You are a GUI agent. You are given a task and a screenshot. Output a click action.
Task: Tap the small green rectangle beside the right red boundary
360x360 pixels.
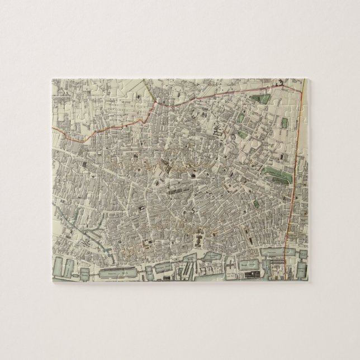(x=284, y=122)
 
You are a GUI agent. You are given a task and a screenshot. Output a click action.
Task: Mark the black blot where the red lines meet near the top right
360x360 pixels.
(x=281, y=83)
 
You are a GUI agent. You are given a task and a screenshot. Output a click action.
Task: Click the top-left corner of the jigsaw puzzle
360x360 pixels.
(x=52, y=79)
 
